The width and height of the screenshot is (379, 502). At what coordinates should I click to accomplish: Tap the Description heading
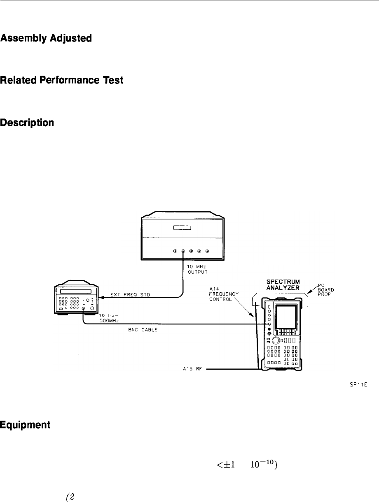click(27, 123)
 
